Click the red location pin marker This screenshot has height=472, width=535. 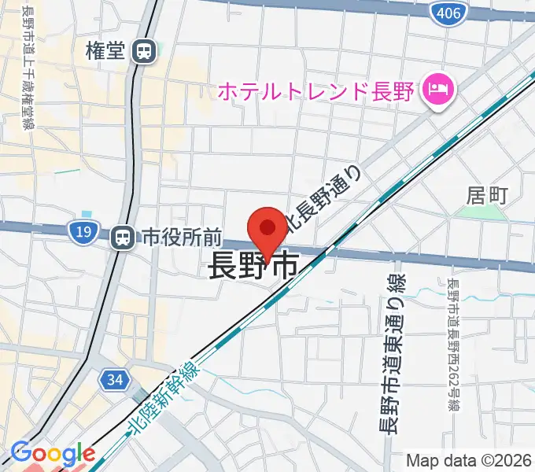267,230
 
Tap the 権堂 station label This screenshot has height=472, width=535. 106,51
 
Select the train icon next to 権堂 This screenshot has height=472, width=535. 144,52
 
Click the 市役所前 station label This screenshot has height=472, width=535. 182,236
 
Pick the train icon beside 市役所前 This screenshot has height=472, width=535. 122,236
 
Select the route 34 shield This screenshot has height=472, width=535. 115,380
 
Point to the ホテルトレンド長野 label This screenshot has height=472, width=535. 315,91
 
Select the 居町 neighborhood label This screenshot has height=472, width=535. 488,193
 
